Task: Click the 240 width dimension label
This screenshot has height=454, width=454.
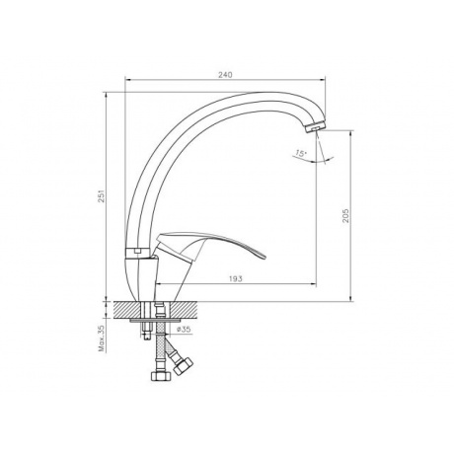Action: click(x=225, y=75)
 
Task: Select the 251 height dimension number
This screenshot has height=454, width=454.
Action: click(x=102, y=195)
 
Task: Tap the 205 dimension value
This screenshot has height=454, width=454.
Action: click(x=345, y=215)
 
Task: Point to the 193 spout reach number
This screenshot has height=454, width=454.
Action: click(x=235, y=279)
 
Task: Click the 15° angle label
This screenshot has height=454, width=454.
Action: click(x=301, y=153)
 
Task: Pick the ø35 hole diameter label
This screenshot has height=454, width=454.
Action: click(x=184, y=330)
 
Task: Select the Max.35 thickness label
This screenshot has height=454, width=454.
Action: click(x=102, y=339)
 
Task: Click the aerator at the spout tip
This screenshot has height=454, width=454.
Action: click(x=315, y=127)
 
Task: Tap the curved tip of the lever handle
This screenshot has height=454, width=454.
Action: click(x=263, y=256)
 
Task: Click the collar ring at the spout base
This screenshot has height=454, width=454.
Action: click(x=138, y=252)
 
